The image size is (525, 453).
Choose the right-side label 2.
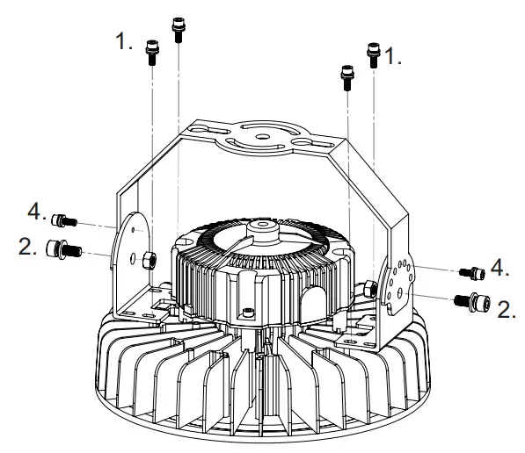pos(507,308)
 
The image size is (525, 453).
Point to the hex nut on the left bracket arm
pos(150,258)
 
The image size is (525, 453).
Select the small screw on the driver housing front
pos(252,312)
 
